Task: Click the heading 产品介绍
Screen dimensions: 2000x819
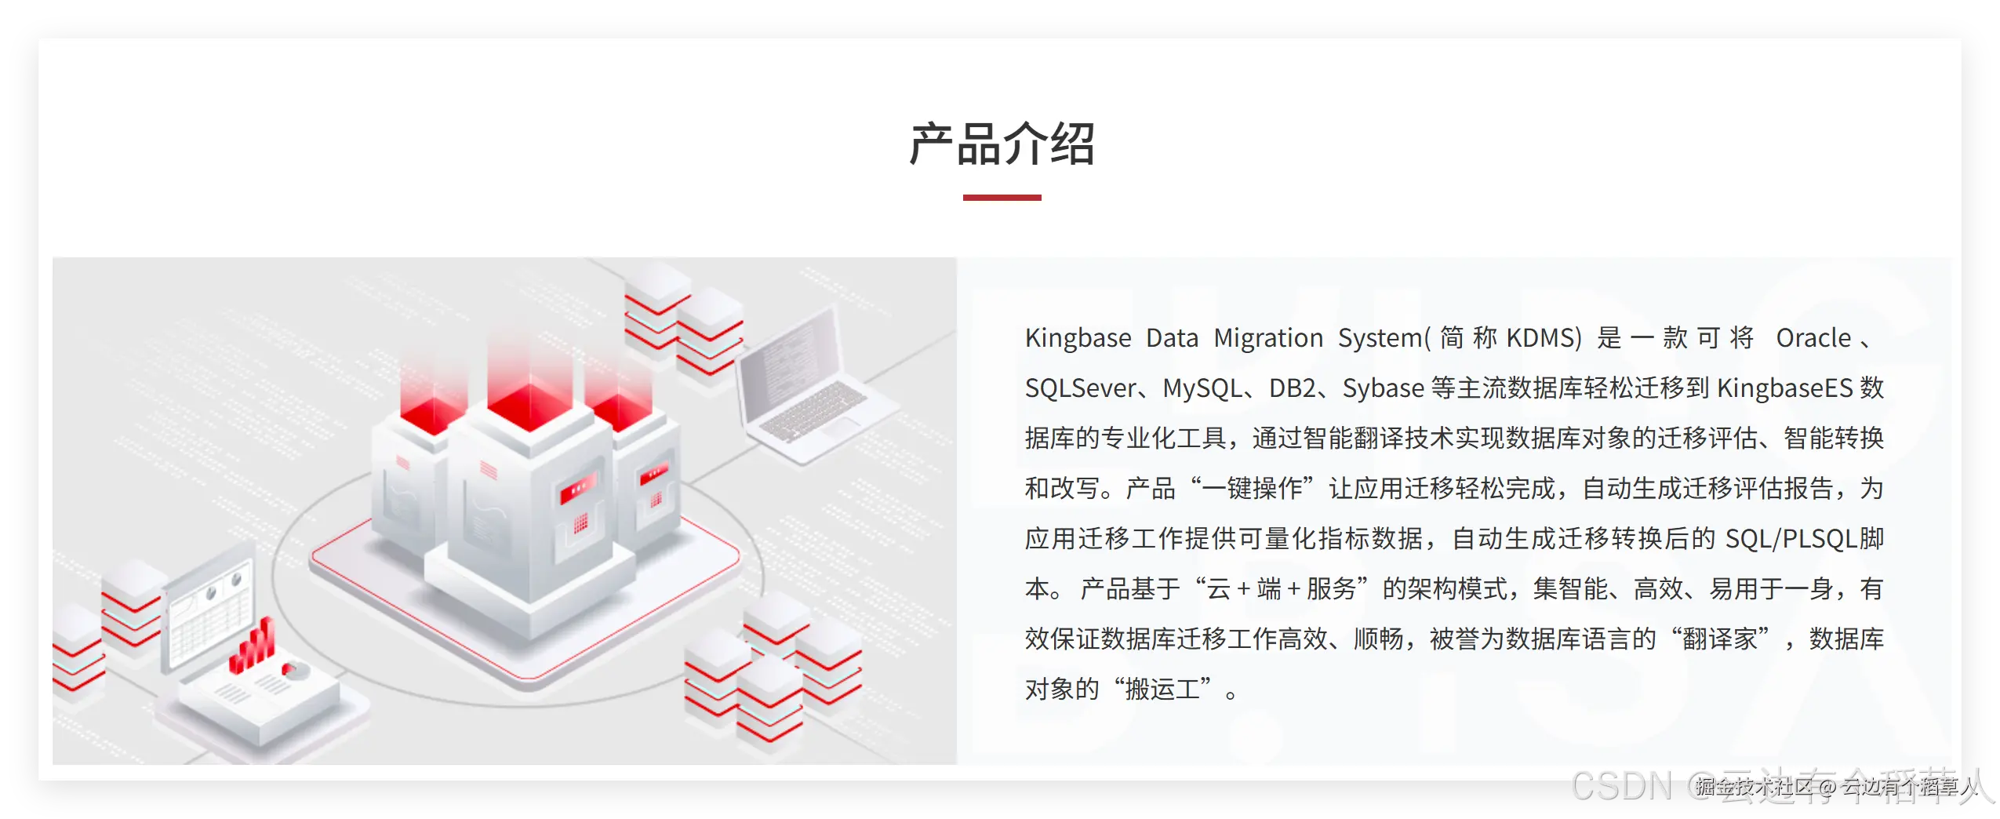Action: pyautogui.click(x=1002, y=144)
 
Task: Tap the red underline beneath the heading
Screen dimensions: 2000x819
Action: pyautogui.click(x=1002, y=198)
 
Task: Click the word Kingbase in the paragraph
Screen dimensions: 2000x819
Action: pyautogui.click(x=1078, y=338)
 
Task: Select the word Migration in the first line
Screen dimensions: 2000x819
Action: pyautogui.click(x=1268, y=338)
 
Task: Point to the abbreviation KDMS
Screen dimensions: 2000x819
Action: pyautogui.click(x=1543, y=338)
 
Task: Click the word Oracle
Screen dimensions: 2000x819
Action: pyautogui.click(x=1813, y=338)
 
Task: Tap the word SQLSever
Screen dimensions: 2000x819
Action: pyautogui.click(x=1080, y=388)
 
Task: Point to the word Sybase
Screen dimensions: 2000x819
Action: pyautogui.click(x=1383, y=388)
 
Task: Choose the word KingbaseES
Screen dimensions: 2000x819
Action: pyautogui.click(x=1784, y=388)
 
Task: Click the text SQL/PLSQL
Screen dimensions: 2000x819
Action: pyautogui.click(x=1791, y=539)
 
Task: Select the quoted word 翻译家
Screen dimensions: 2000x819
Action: pyautogui.click(x=1719, y=639)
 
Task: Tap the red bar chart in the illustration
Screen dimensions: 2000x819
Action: pyautogui.click(x=253, y=648)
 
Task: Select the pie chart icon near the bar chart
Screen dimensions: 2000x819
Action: pyautogui.click(x=295, y=671)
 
